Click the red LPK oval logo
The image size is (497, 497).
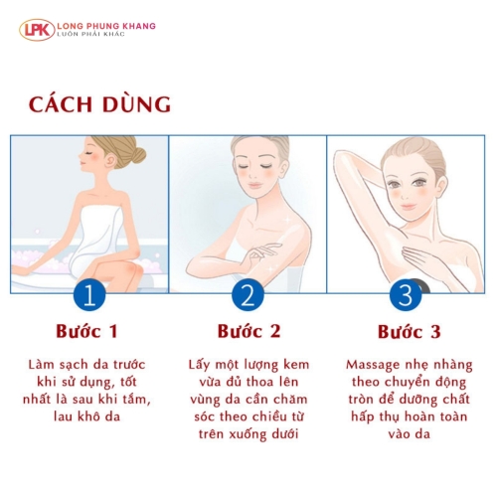pos(37,30)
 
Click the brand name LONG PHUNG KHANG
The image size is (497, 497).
pos(106,26)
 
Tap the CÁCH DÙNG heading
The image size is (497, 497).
pos(99,104)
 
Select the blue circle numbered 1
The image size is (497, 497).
pos(89,295)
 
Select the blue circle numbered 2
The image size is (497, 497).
pos(248,295)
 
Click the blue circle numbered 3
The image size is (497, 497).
pos(406,295)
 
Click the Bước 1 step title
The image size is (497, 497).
pos(86,331)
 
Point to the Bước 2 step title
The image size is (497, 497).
pos(248,331)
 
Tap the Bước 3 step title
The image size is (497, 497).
pos(410,332)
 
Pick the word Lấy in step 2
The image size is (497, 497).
pos(199,365)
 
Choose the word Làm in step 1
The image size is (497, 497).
pos(41,365)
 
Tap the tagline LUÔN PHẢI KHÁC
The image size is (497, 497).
pos(90,34)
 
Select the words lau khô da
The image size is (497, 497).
pos(86,416)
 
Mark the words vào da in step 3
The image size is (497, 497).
pos(410,433)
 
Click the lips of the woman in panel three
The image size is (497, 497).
pos(409,207)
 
